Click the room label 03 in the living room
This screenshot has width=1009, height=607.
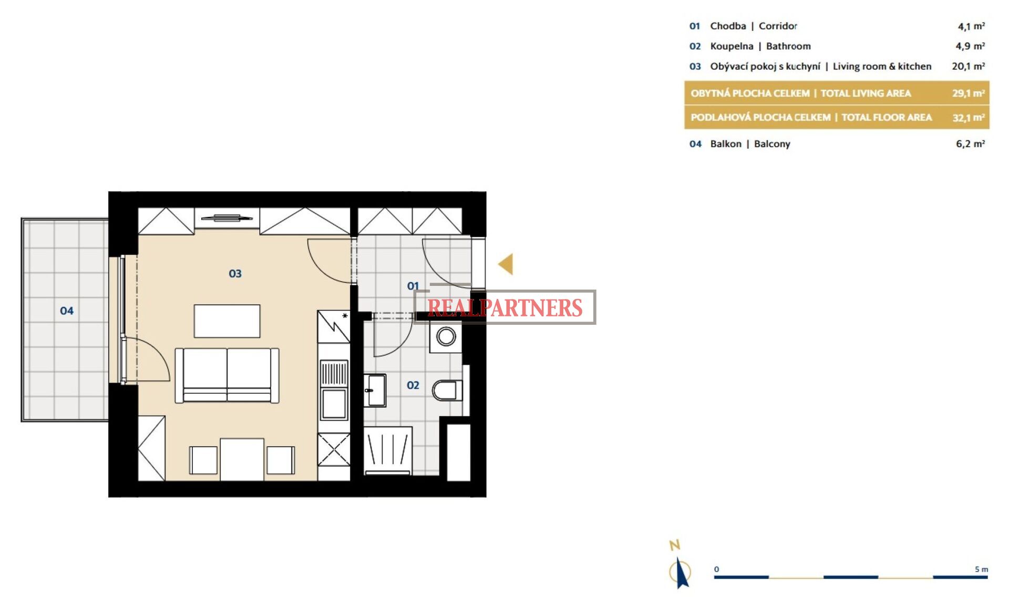point(235,274)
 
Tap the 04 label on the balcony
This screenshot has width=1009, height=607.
point(67,311)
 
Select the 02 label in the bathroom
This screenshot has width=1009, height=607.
point(413,385)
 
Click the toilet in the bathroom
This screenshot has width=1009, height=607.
point(447,390)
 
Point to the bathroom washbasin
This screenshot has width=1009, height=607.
point(375,390)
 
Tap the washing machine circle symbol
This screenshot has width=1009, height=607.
point(446,336)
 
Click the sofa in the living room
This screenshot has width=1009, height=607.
point(227,375)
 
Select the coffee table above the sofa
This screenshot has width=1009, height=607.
point(227,321)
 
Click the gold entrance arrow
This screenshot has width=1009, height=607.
point(506,264)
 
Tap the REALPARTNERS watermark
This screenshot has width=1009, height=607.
point(505,307)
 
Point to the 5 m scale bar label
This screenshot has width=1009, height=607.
point(981,569)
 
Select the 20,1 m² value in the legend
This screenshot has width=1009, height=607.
point(968,66)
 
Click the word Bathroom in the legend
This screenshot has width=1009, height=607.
point(788,46)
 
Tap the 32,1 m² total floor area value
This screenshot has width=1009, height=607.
point(969,118)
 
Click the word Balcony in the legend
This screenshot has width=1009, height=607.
point(772,144)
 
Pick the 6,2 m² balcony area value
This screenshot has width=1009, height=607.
point(970,144)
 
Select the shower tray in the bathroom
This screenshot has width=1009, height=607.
point(388,450)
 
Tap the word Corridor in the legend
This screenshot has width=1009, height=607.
point(778,26)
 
